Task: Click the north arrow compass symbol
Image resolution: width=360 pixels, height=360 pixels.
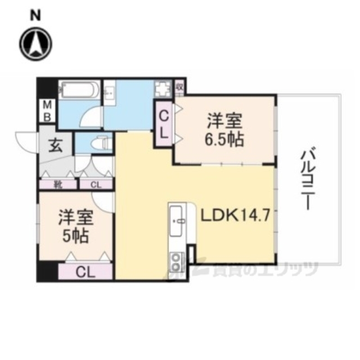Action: pyautogui.click(x=35, y=42)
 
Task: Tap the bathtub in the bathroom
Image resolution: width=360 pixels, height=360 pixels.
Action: pyautogui.click(x=79, y=91)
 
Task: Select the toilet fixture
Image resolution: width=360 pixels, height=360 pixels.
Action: pyautogui.click(x=98, y=143)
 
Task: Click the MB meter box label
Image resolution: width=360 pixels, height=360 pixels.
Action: pyautogui.click(x=48, y=110)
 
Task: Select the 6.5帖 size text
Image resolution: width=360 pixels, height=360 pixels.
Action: pyautogui.click(x=225, y=139)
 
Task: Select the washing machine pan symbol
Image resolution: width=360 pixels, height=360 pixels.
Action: pyautogui.click(x=164, y=89)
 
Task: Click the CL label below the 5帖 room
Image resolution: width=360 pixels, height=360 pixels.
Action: pyautogui.click(x=86, y=272)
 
